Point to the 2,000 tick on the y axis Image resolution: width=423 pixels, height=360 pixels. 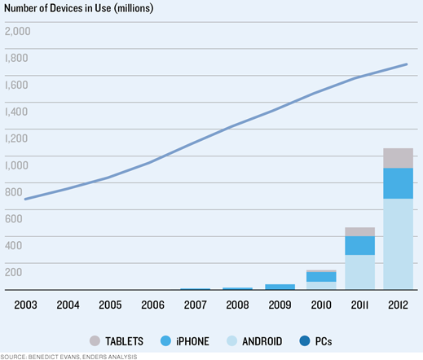(x=18, y=31)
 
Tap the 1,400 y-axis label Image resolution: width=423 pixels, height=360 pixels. (x=16, y=112)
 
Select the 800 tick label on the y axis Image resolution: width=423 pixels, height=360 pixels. (x=14, y=192)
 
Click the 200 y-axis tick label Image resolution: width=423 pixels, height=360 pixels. (x=14, y=272)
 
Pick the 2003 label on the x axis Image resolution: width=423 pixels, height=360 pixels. (x=25, y=305)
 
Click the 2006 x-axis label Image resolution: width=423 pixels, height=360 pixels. (x=152, y=305)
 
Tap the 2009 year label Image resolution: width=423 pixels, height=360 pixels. (x=280, y=305)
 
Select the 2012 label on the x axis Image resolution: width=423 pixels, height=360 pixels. (x=398, y=305)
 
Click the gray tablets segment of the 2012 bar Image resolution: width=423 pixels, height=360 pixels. (x=398, y=158)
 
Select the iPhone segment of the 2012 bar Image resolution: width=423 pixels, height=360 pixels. (x=398, y=183)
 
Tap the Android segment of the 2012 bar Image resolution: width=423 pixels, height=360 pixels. (x=398, y=244)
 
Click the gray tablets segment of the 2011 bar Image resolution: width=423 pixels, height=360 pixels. (x=360, y=232)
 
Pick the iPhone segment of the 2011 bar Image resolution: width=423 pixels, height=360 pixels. (x=360, y=245)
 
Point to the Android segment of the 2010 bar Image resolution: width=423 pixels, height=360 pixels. (x=321, y=286)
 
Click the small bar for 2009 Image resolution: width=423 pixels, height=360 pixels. (x=280, y=287)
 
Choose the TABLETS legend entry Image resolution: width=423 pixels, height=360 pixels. (x=117, y=341)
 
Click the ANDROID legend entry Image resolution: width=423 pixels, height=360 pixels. (x=254, y=341)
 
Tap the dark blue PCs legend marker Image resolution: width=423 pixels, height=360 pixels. (x=305, y=341)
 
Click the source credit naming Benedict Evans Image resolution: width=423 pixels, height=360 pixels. (x=68, y=357)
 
